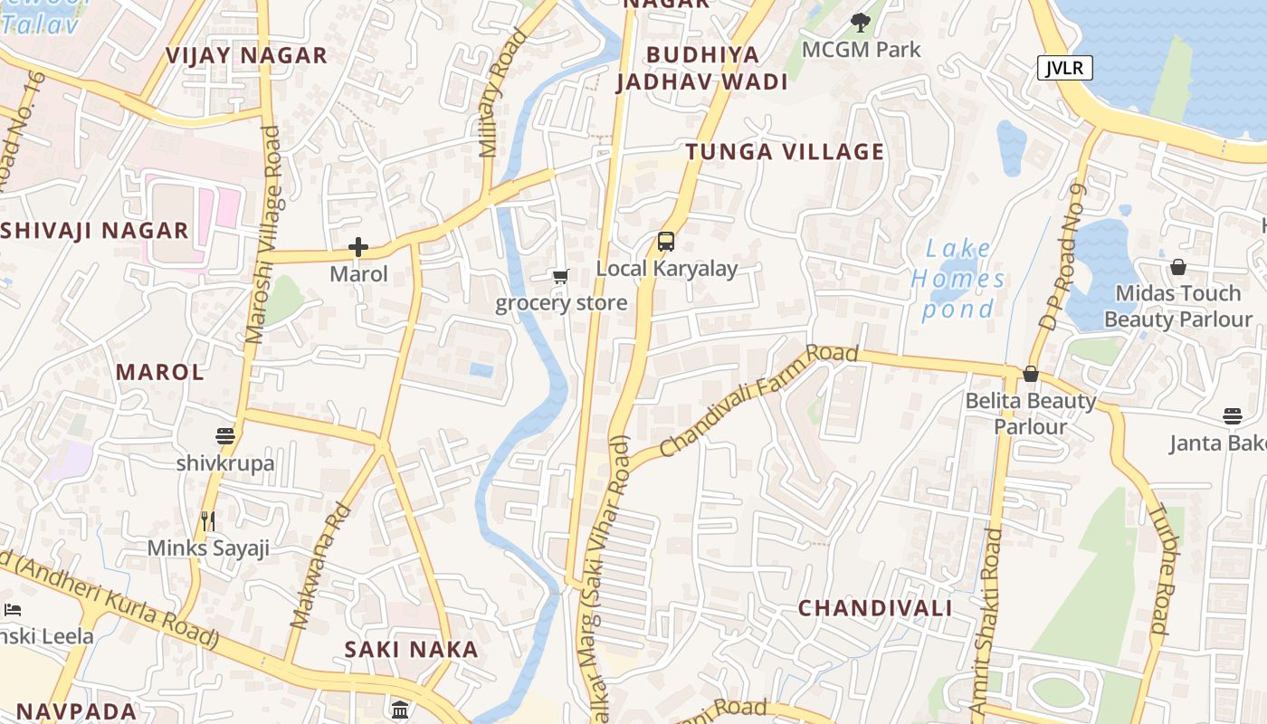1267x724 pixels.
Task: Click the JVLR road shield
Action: pyautogui.click(x=1065, y=68)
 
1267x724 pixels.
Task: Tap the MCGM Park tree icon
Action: pyautogui.click(x=861, y=23)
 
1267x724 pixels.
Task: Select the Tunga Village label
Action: pyautogui.click(x=784, y=152)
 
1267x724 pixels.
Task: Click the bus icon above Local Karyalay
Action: pyautogui.click(x=666, y=242)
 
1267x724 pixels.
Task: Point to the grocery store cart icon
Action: pyautogui.click(x=560, y=276)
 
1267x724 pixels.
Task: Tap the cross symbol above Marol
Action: pyautogui.click(x=358, y=246)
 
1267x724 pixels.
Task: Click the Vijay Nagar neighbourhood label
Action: pyautogui.click(x=246, y=56)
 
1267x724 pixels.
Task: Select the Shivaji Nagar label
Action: pyautogui.click(x=95, y=230)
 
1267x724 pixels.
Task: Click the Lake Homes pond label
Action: pyautogui.click(x=957, y=279)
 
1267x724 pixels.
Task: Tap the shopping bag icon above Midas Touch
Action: pyautogui.click(x=1178, y=267)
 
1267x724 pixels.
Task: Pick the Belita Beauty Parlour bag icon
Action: pyautogui.click(x=1030, y=374)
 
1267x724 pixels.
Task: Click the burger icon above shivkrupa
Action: pyautogui.click(x=225, y=436)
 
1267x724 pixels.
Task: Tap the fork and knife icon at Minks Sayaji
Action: pyautogui.click(x=208, y=520)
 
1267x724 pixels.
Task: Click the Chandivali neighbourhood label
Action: pyautogui.click(x=874, y=608)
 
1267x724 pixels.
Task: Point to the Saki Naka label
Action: pyautogui.click(x=412, y=650)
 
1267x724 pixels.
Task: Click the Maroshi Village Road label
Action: pyautogui.click(x=262, y=235)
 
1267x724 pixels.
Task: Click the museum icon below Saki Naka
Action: pyautogui.click(x=400, y=709)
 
